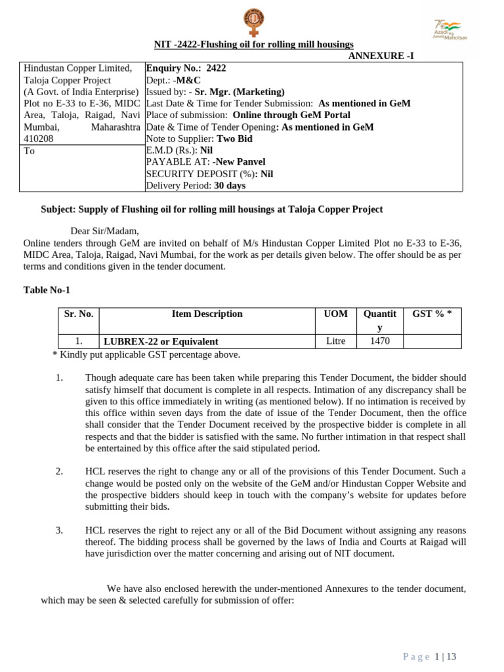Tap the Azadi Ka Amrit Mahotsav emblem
(x=450, y=28)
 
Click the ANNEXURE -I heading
(x=381, y=56)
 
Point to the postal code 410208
(x=39, y=138)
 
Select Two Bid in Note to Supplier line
(x=235, y=138)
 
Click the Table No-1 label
(x=47, y=289)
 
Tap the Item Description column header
(x=207, y=314)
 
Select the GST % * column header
(x=431, y=314)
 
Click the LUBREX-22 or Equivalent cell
(x=160, y=341)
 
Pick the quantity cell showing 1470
(x=379, y=341)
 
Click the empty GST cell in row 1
(x=431, y=341)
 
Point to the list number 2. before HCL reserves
(x=59, y=471)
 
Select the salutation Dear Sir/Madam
(x=104, y=231)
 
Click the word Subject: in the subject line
(x=58, y=209)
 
